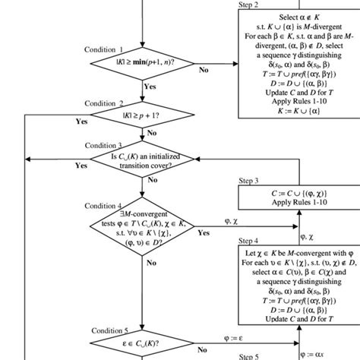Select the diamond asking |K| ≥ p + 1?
tap(143, 118)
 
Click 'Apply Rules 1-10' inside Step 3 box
tap(298, 204)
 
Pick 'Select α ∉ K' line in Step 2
tap(298, 17)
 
